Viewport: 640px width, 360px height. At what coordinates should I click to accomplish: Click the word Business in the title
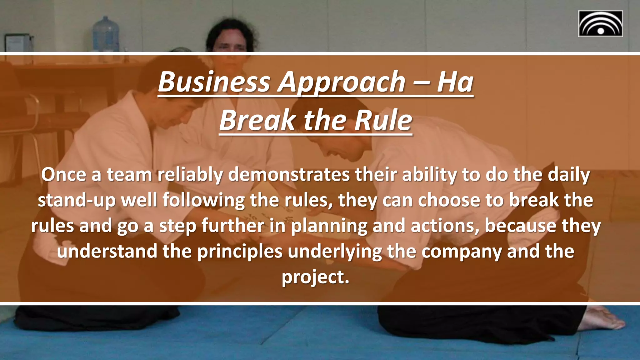click(x=214, y=82)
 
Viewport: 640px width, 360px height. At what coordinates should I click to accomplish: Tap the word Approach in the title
click(x=342, y=82)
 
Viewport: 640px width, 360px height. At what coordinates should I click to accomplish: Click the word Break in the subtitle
click(x=257, y=121)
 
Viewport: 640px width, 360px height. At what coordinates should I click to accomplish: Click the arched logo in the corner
click(x=600, y=24)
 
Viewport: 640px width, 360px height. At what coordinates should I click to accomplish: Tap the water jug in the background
click(x=106, y=34)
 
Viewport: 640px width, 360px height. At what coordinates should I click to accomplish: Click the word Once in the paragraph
click(x=63, y=175)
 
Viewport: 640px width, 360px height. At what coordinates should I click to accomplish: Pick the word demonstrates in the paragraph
click(x=289, y=175)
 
